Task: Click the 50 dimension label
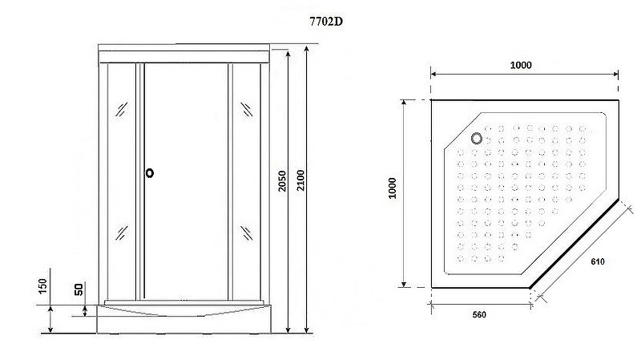click(79, 289)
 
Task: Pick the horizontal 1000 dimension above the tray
click(521, 65)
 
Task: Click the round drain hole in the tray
click(478, 138)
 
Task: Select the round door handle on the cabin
click(149, 172)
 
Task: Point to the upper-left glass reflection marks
click(122, 109)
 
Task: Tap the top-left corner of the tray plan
click(433, 101)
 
